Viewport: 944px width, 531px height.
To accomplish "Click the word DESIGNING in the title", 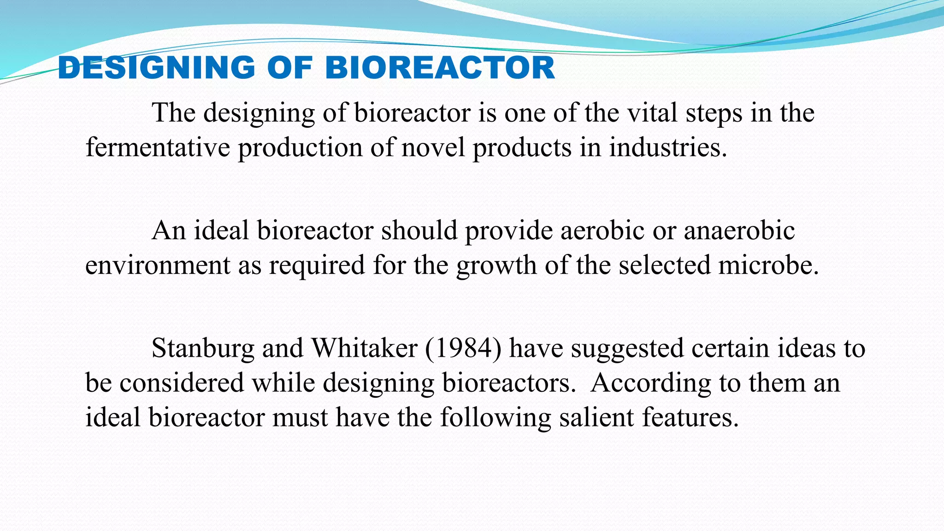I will tap(157, 68).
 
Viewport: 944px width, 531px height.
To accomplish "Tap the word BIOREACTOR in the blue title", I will tap(440, 68).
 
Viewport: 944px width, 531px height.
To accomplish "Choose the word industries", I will tap(668, 148).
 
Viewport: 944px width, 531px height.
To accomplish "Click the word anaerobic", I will tap(739, 230).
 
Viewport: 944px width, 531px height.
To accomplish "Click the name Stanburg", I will tap(203, 348).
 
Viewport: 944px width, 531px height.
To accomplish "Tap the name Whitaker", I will tap(365, 348).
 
